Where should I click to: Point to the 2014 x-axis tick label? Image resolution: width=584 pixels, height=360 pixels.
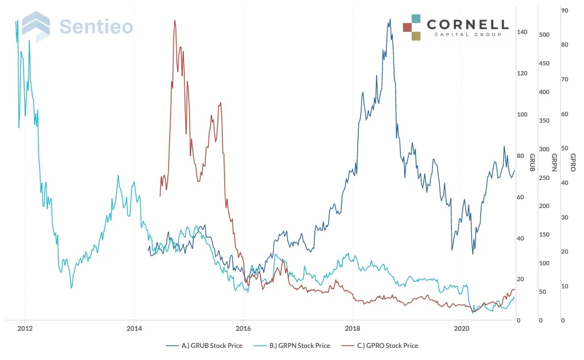[x=134, y=329]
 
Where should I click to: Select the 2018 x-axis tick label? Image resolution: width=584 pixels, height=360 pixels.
[x=352, y=329]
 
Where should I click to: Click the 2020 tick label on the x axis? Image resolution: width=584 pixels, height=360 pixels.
[x=462, y=329]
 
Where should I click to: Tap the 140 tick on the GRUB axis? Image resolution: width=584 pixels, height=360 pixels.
[x=522, y=32]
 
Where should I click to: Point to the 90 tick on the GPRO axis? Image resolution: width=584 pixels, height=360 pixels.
[x=564, y=10]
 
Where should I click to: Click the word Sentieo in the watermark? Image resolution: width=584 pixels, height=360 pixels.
[x=96, y=26]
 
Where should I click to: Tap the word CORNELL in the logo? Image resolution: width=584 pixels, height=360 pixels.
[x=467, y=24]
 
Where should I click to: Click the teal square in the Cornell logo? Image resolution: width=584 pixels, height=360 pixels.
[x=416, y=19]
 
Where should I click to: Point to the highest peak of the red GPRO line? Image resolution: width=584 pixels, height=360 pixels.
[x=174, y=20]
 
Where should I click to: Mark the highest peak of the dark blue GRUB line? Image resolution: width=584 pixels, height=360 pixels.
[x=390, y=19]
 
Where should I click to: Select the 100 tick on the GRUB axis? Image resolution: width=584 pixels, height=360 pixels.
[x=522, y=115]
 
